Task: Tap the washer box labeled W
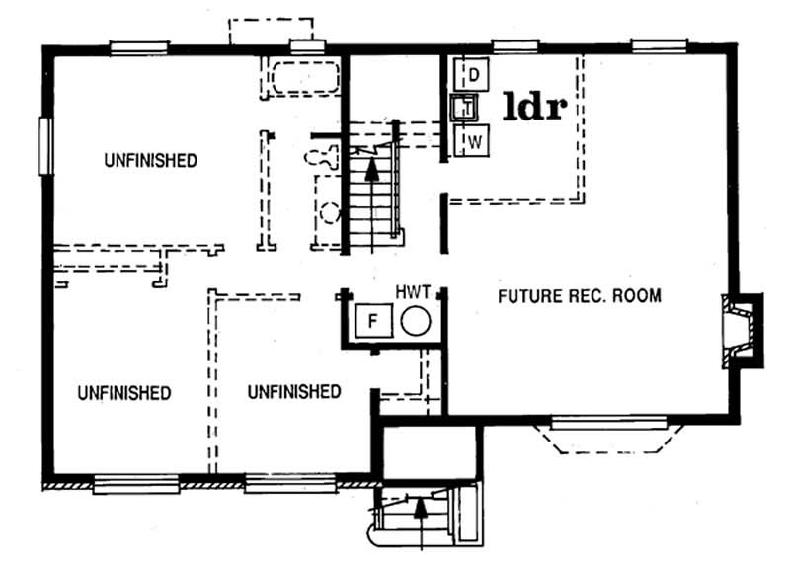[x=474, y=141]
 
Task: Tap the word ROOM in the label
[x=639, y=296]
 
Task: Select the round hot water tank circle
[x=415, y=322]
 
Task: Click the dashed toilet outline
[x=319, y=156]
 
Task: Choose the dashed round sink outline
[x=329, y=211]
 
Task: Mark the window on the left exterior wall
[x=44, y=146]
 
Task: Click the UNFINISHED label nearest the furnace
[x=294, y=392]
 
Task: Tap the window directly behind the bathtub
[x=307, y=45]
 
